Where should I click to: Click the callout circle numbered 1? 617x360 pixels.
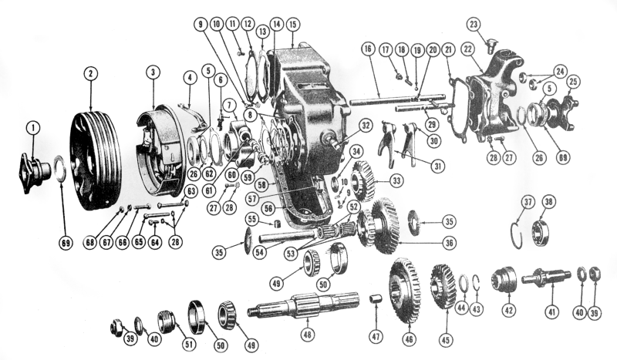[33, 127]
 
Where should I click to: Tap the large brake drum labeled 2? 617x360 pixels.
[96, 161]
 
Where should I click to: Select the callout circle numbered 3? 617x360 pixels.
[153, 72]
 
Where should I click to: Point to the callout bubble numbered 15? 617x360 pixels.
[292, 25]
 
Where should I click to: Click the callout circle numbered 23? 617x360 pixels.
[474, 25]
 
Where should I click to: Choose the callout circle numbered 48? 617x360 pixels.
[307, 335]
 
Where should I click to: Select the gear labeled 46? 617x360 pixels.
[404, 291]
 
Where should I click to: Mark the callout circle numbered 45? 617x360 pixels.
[447, 339]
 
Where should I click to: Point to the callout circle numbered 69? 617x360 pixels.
[66, 243]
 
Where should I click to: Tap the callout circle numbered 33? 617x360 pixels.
[396, 181]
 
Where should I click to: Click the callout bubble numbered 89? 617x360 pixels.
[563, 158]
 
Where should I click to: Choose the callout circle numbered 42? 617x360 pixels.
[509, 311]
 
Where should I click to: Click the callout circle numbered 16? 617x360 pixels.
[368, 49]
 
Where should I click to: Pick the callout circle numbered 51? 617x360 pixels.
[189, 345]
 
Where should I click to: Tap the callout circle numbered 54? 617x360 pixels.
[259, 252]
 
